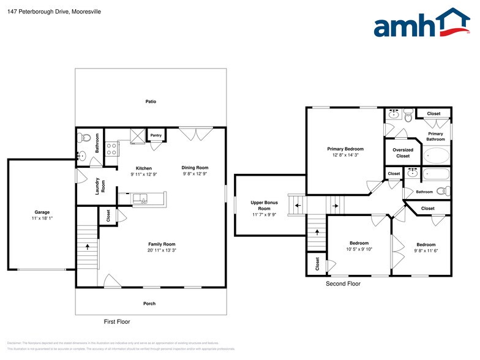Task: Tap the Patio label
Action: (151, 101)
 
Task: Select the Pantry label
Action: (156, 135)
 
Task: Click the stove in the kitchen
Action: (112, 148)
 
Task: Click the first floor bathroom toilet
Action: (85, 138)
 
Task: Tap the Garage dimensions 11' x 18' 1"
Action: (42, 219)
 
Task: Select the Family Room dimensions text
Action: (162, 250)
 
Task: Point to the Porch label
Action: (149, 303)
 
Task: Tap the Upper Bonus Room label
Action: (264, 205)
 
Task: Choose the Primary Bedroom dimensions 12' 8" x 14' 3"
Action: (345, 155)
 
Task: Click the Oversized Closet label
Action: (402, 152)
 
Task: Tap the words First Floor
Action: (116, 321)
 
